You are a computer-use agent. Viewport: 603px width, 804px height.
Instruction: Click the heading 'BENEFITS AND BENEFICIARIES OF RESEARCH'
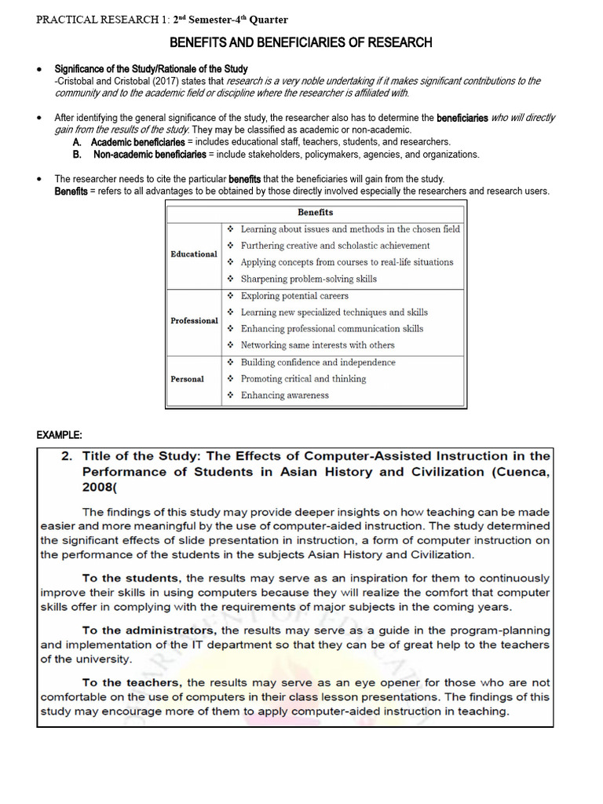[x=301, y=42]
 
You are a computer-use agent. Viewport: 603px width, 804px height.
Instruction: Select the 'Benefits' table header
[x=315, y=212]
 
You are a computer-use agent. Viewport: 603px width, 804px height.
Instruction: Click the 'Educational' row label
[x=194, y=254]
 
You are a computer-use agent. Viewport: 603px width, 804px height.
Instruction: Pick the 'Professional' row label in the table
[x=195, y=320]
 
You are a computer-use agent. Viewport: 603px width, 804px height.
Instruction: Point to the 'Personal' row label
[x=187, y=378]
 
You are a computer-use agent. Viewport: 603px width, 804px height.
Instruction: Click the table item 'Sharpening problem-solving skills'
[x=309, y=279]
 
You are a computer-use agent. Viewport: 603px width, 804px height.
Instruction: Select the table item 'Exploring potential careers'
[x=294, y=296]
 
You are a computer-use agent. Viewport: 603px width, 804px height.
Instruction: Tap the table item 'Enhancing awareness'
[x=285, y=395]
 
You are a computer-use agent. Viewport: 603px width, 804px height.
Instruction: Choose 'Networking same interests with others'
[x=317, y=345]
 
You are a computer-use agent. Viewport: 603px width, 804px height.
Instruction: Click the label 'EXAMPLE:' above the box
[x=59, y=435]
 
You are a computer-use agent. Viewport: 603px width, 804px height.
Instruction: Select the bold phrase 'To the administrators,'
[x=150, y=630]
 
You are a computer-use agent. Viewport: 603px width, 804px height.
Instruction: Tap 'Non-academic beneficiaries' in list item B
[x=145, y=155]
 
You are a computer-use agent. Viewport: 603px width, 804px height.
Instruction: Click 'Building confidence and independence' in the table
[x=318, y=362]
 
